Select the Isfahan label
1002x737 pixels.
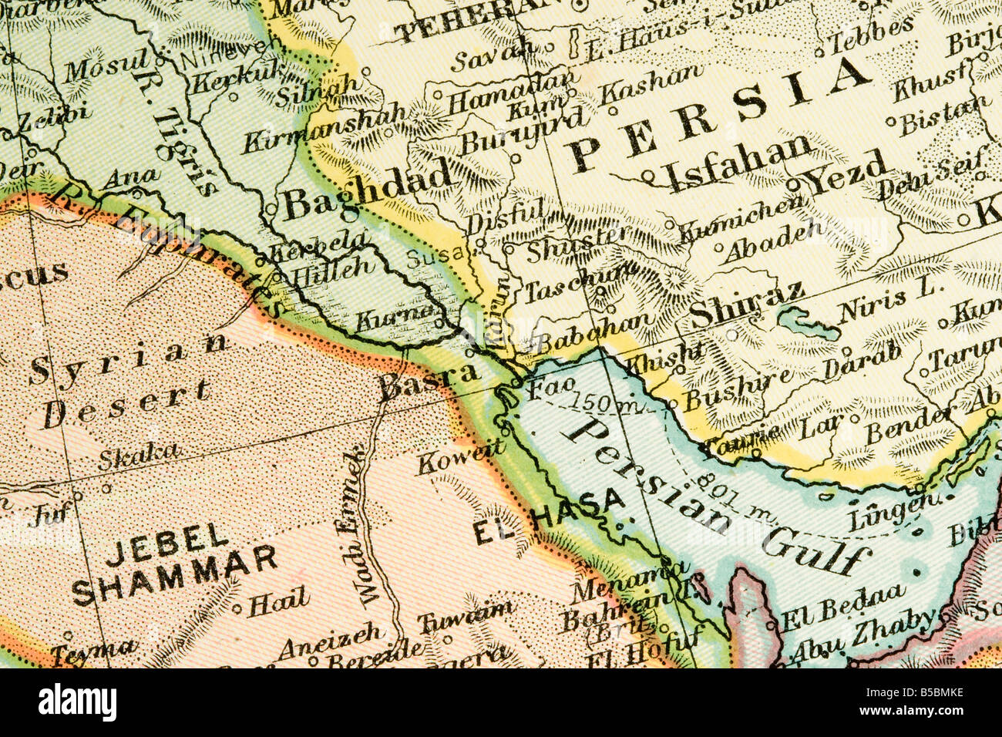point(738,163)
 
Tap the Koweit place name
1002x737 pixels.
point(461,457)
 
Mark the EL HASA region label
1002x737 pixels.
point(548,517)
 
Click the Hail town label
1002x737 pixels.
point(278,601)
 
